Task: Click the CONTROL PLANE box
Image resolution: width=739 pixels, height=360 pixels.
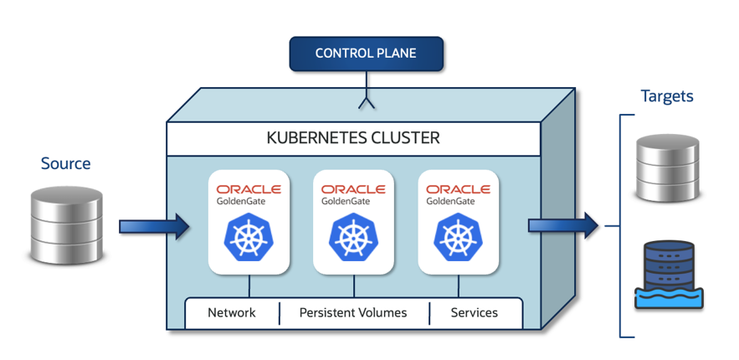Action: tap(366, 54)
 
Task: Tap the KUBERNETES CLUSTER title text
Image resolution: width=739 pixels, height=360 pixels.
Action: tap(353, 137)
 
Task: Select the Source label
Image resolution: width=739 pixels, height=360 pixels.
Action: tap(65, 163)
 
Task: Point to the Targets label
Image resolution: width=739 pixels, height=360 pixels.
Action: tap(667, 96)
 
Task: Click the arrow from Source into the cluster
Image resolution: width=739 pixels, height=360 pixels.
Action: tap(154, 226)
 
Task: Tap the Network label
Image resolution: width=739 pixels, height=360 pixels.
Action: tap(232, 313)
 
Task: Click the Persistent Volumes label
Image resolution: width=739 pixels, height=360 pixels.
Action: tap(353, 313)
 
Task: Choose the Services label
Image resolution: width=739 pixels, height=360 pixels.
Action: tap(474, 313)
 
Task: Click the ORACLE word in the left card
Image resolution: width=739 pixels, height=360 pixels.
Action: tap(249, 189)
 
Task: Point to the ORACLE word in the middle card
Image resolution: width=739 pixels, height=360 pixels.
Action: tap(354, 189)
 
